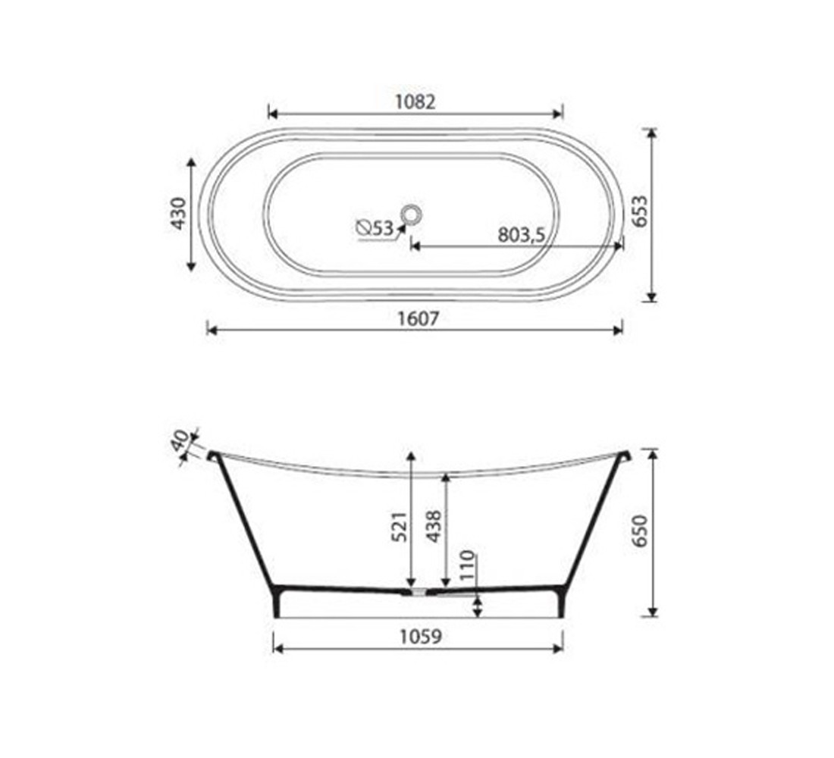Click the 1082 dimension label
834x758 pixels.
point(415,102)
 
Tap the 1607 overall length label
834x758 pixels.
point(419,318)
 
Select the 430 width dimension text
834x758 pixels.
point(179,213)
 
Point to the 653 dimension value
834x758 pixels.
point(641,211)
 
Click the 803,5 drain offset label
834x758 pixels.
point(522,234)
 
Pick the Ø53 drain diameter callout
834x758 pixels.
point(375,228)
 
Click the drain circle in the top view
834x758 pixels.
point(411,214)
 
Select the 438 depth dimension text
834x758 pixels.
point(434,526)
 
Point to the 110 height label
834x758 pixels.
point(466,565)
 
